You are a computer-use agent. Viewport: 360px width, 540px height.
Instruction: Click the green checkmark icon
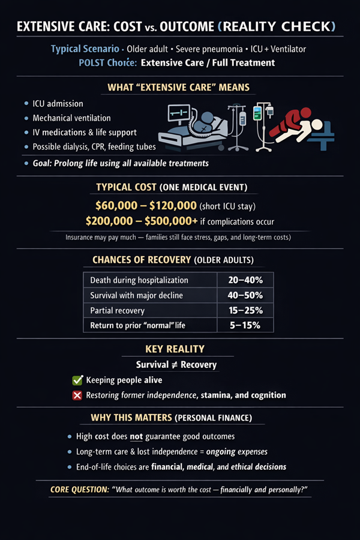[x=77, y=380]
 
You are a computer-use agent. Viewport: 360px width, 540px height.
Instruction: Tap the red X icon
[x=77, y=395]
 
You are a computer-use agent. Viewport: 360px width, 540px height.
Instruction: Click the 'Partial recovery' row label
[x=118, y=311]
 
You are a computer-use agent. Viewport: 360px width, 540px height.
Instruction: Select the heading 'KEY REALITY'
[x=179, y=349]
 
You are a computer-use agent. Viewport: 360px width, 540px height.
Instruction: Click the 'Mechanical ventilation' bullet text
[x=72, y=118]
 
